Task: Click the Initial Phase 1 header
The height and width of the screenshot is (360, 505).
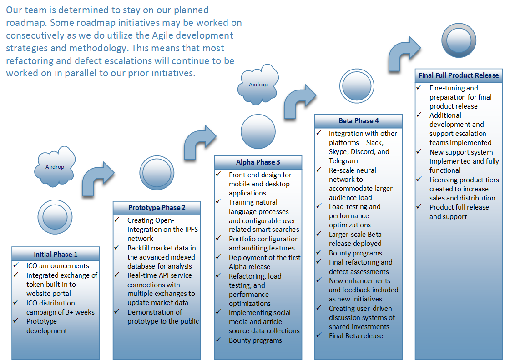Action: pyautogui.click(x=56, y=255)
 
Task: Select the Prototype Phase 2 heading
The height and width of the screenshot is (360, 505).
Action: pyautogui.click(x=157, y=208)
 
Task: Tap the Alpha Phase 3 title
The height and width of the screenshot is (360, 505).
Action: pyautogui.click(x=258, y=162)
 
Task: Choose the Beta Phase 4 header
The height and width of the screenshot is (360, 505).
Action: pyautogui.click(x=359, y=121)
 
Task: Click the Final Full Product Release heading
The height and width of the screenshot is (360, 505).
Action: pyautogui.click(x=459, y=75)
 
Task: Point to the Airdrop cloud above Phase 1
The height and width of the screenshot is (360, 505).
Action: pyautogui.click(x=55, y=167)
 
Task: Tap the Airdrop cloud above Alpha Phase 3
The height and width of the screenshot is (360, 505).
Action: pyautogui.click(x=258, y=84)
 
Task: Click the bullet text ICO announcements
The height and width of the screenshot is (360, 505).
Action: pyautogui.click(x=58, y=266)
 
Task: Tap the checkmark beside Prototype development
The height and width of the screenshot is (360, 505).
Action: pyautogui.click(x=16, y=320)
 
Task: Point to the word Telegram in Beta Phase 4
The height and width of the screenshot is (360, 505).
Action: pyautogui.click(x=343, y=161)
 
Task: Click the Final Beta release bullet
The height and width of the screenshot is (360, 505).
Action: pyautogui.click(x=356, y=336)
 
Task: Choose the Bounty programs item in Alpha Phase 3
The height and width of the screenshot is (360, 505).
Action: pyautogui.click(x=255, y=340)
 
